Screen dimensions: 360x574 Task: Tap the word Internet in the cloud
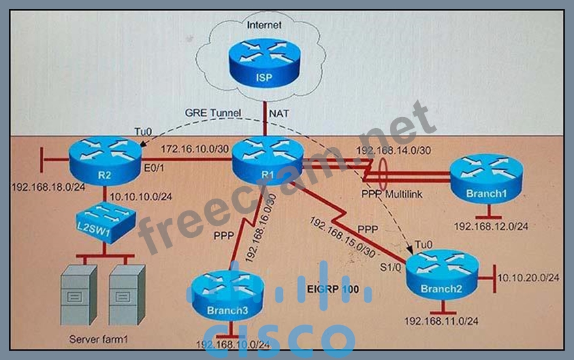coord(264,25)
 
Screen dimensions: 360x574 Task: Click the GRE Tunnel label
coord(214,113)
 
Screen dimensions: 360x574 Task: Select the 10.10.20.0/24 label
coord(528,278)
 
